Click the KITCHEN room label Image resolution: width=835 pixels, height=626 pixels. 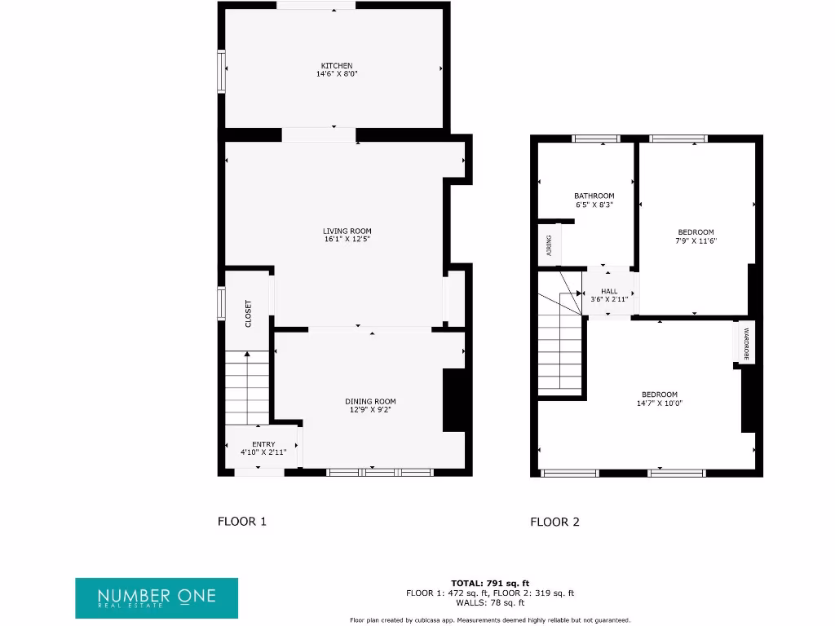click(x=337, y=65)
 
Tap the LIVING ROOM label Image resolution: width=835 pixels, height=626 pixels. click(x=347, y=231)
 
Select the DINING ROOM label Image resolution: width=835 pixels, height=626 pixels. click(x=369, y=401)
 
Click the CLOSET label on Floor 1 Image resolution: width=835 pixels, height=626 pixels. click(x=249, y=314)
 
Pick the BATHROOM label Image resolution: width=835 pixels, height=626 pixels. click(x=594, y=196)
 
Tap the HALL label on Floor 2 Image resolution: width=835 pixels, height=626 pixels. click(x=609, y=291)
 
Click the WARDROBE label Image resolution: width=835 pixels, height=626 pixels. click(x=745, y=344)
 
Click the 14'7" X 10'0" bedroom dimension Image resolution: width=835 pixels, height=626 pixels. click(x=659, y=403)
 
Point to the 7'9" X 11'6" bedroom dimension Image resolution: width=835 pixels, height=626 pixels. click(x=696, y=240)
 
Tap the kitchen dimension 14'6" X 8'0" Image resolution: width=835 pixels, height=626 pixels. click(x=337, y=74)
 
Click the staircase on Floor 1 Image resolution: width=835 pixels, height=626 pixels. click(x=246, y=387)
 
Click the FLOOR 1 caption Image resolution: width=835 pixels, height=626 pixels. click(x=241, y=522)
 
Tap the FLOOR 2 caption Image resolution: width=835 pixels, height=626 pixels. click(x=554, y=522)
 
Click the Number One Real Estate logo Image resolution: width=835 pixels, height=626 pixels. click(x=157, y=598)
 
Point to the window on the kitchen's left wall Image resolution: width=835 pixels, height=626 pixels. click(x=221, y=72)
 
